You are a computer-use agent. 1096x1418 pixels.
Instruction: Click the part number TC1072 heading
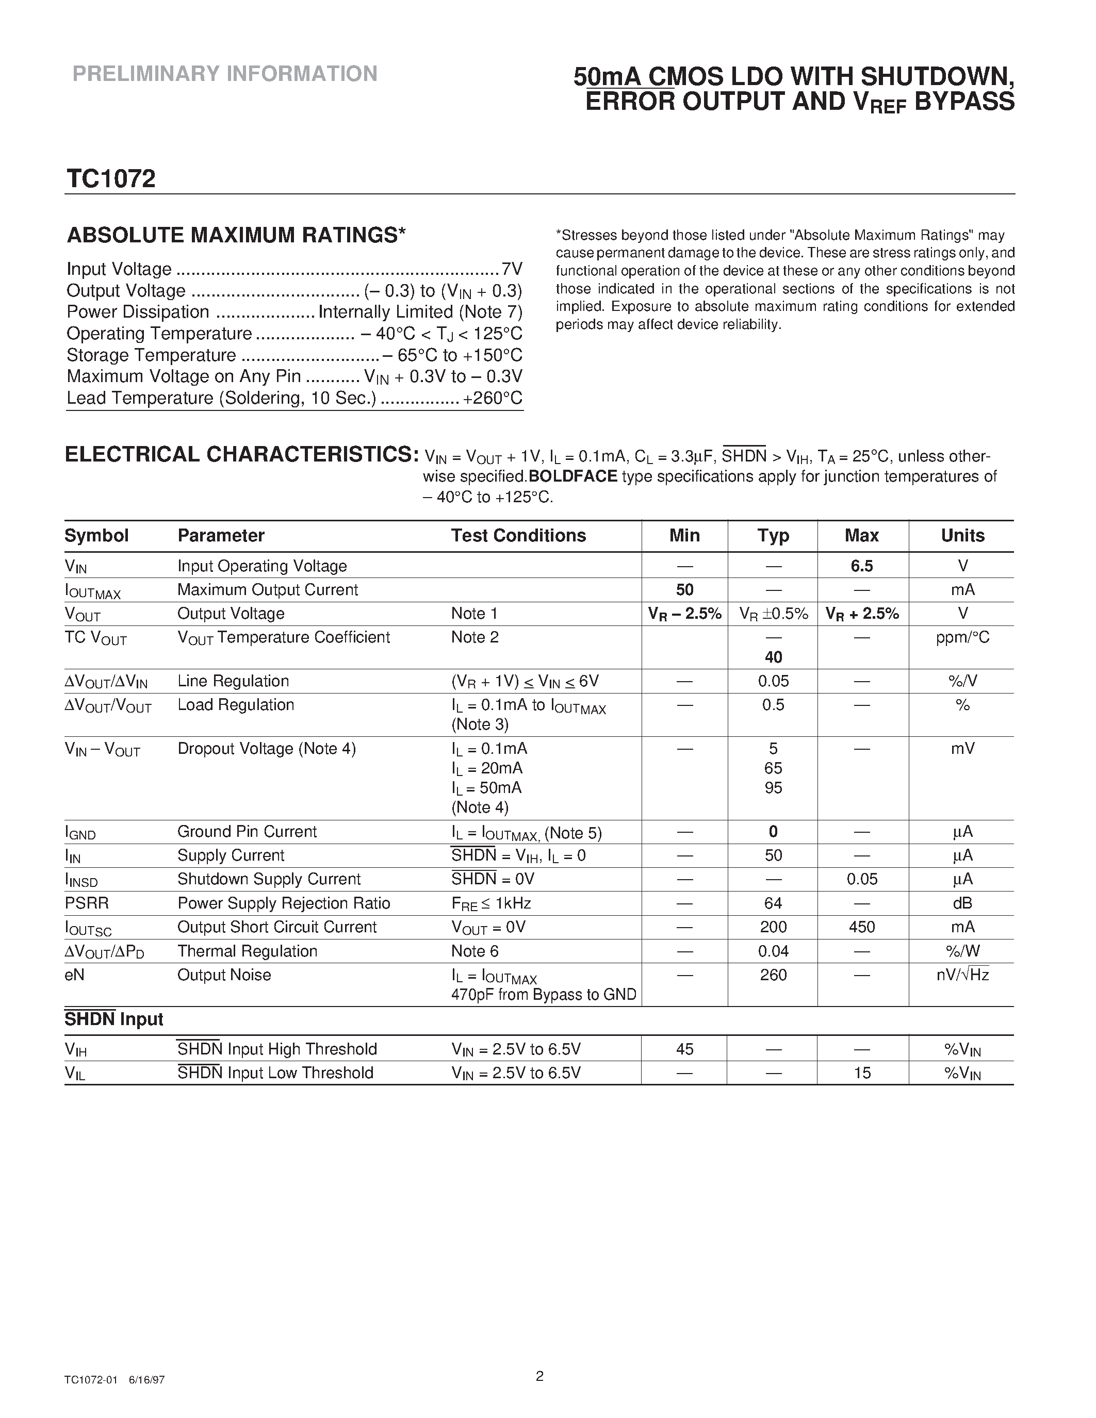[x=110, y=179]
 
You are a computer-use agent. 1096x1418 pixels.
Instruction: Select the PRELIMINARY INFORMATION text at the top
[x=225, y=74]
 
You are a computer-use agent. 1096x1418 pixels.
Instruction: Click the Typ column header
[x=773, y=536]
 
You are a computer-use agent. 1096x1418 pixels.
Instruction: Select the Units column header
[x=962, y=536]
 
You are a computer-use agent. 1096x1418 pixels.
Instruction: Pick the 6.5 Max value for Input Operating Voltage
[x=862, y=566]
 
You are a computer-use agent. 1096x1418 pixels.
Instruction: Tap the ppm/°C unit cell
[x=962, y=637]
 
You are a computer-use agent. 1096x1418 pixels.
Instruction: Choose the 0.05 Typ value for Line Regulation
[x=773, y=681]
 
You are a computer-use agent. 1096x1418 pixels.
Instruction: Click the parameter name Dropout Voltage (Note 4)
[x=266, y=749]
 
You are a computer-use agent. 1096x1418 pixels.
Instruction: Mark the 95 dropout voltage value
[x=773, y=787]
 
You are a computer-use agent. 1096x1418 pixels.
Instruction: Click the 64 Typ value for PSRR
[x=773, y=903]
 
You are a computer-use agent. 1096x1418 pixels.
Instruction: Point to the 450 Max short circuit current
[x=862, y=927]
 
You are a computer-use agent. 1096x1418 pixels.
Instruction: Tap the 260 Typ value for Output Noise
[x=773, y=975]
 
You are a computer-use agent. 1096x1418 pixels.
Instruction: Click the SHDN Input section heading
[x=113, y=1019]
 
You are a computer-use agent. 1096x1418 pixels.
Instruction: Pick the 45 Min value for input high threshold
[x=684, y=1049]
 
